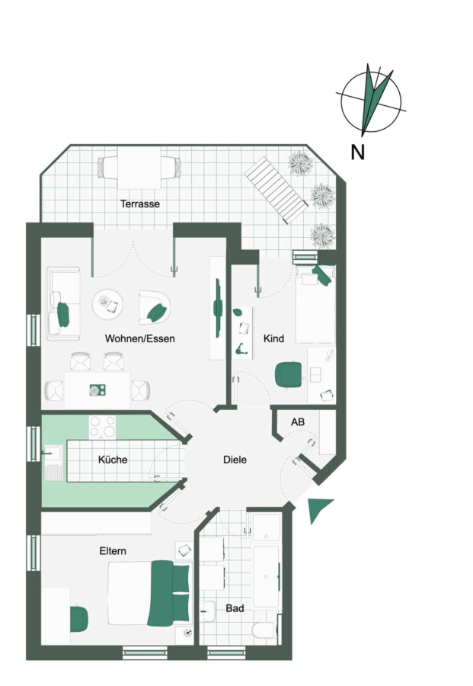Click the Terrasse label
click(x=140, y=204)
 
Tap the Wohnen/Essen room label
click(x=140, y=338)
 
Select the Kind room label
click(x=273, y=338)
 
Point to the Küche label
click(x=113, y=460)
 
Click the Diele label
click(x=235, y=460)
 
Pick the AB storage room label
click(x=298, y=422)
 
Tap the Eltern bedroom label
click(x=113, y=551)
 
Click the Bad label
click(x=235, y=608)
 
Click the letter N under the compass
click(x=357, y=152)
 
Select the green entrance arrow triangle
click(x=319, y=509)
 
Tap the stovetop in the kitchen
click(x=103, y=427)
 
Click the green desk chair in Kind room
click(x=289, y=375)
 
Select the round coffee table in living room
click(x=107, y=303)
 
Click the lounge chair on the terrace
click(x=276, y=190)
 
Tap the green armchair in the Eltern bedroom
click(x=79, y=618)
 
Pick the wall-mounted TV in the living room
click(x=218, y=308)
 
